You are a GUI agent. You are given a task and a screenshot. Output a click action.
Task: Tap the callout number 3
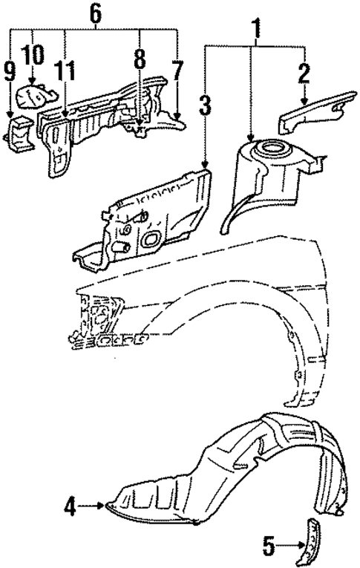[x=205, y=105]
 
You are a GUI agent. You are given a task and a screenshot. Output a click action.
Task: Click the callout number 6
[x=94, y=13]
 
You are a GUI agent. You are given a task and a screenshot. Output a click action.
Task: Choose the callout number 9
[x=9, y=71]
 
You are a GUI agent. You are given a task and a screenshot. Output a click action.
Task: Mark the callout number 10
[x=33, y=55]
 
